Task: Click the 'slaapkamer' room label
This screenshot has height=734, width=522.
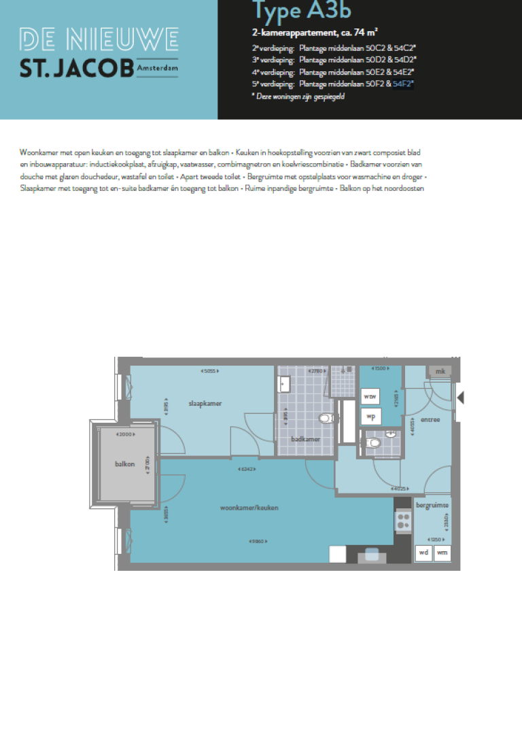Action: point(205,403)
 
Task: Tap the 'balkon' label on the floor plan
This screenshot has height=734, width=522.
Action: point(124,464)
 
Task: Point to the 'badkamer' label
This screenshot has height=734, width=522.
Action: point(305,439)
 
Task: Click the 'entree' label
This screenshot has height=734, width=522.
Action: point(430,419)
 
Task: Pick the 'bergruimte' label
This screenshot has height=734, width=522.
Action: point(432,506)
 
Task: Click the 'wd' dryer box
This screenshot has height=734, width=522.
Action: point(423,553)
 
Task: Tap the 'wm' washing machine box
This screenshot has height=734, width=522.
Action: point(442,553)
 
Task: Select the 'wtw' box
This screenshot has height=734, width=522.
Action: point(370,396)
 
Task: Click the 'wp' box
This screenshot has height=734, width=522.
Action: point(370,415)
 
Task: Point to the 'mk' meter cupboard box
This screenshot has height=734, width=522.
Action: point(440,371)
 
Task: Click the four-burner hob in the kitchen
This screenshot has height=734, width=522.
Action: point(403,521)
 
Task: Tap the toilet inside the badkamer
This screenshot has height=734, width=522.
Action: point(326,419)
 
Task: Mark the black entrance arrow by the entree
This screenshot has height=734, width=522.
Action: point(460,397)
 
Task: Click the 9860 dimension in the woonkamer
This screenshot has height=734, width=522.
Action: point(257,542)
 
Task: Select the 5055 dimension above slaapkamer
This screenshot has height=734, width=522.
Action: point(210,370)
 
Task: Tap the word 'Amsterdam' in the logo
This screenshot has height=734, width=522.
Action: point(156,69)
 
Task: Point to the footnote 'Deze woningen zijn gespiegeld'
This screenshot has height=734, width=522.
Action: point(299,97)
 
